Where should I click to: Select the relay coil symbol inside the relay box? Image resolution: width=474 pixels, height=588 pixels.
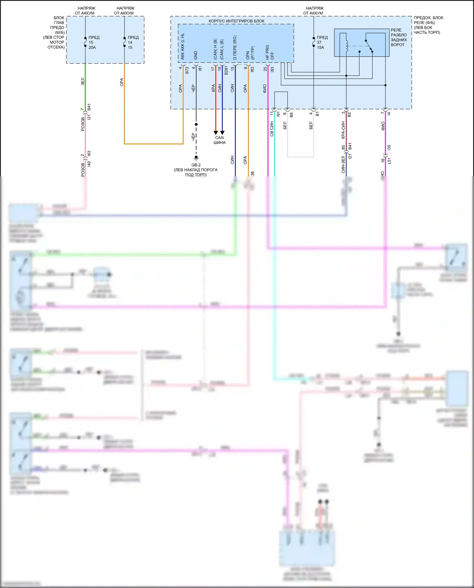(347, 46)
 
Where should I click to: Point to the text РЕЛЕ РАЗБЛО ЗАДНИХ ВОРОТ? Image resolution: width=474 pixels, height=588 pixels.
(398, 38)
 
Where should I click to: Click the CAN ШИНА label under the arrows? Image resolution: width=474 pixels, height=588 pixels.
(219, 140)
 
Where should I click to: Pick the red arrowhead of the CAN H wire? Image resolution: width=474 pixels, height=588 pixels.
(216, 133)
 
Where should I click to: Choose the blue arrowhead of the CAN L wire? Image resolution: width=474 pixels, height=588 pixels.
(222, 133)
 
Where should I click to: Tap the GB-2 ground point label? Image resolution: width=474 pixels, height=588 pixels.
(196, 165)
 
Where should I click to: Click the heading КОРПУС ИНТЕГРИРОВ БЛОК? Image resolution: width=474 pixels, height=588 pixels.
(236, 21)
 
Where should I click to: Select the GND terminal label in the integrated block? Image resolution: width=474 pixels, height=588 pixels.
(196, 55)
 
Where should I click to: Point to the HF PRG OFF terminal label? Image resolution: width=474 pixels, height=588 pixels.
(270, 52)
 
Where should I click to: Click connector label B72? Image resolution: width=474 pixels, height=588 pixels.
(187, 70)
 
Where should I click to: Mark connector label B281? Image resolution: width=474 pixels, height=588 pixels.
(226, 70)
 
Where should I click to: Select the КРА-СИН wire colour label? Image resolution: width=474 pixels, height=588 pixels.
(343, 130)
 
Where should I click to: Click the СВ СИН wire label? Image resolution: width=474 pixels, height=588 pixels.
(272, 129)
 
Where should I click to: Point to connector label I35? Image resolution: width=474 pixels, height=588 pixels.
(389, 148)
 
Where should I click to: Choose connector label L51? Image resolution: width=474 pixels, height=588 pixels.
(389, 161)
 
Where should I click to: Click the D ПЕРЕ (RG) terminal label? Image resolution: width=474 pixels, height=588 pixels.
(235, 48)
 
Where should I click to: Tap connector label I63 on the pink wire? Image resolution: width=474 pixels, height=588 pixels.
(89, 153)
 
